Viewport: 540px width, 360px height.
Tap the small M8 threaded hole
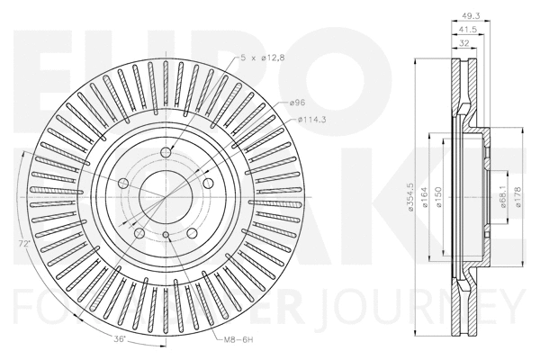pyautogui.click(x=166, y=237)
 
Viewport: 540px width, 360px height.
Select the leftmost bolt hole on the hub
pyautogui.click(x=125, y=183)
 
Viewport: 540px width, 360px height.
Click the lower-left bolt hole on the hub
pyautogui.click(x=140, y=234)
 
